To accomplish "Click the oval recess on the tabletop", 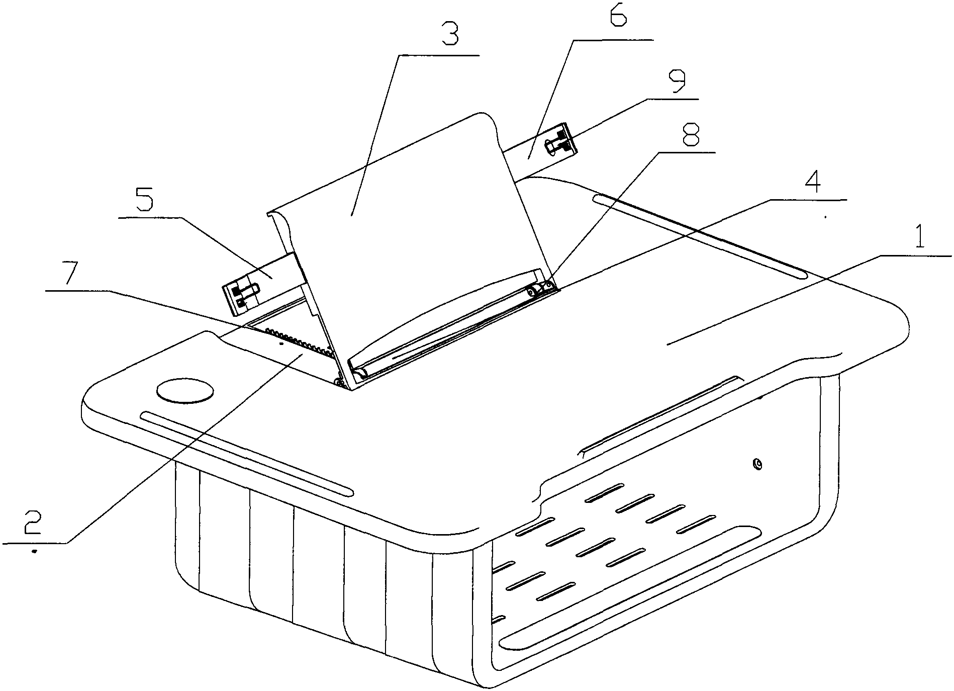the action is point(184,391).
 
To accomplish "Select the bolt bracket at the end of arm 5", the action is point(241,296).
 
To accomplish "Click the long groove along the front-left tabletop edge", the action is point(247,452).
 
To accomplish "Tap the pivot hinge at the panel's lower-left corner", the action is point(342,383).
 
